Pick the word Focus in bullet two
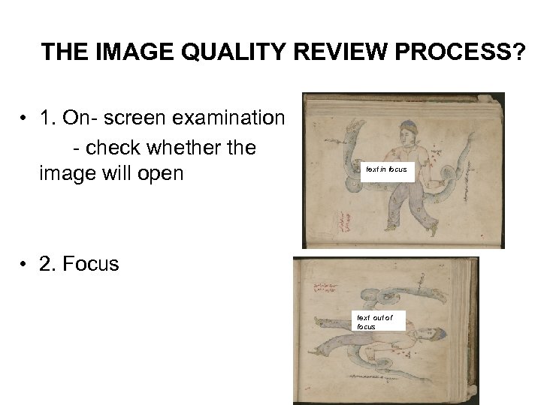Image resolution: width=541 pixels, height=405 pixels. tap(91, 264)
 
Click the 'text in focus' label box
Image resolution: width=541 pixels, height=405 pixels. tap(386, 169)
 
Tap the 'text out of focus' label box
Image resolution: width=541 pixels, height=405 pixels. tap(380, 322)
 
